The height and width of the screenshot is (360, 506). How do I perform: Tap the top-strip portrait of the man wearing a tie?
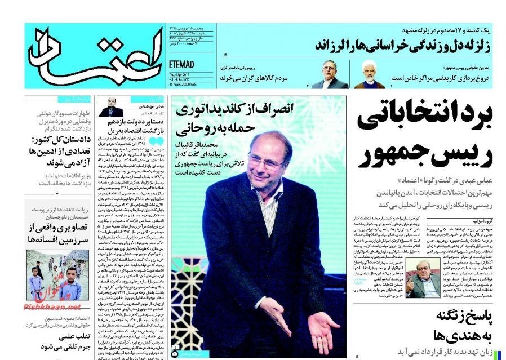(329, 74)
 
